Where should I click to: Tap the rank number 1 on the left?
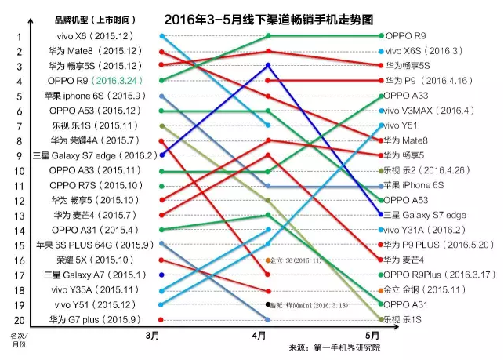[x=19, y=36]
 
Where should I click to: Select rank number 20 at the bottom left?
[x=19, y=319]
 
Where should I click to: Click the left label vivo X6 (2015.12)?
[x=101, y=36]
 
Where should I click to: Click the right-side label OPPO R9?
[x=404, y=36]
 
